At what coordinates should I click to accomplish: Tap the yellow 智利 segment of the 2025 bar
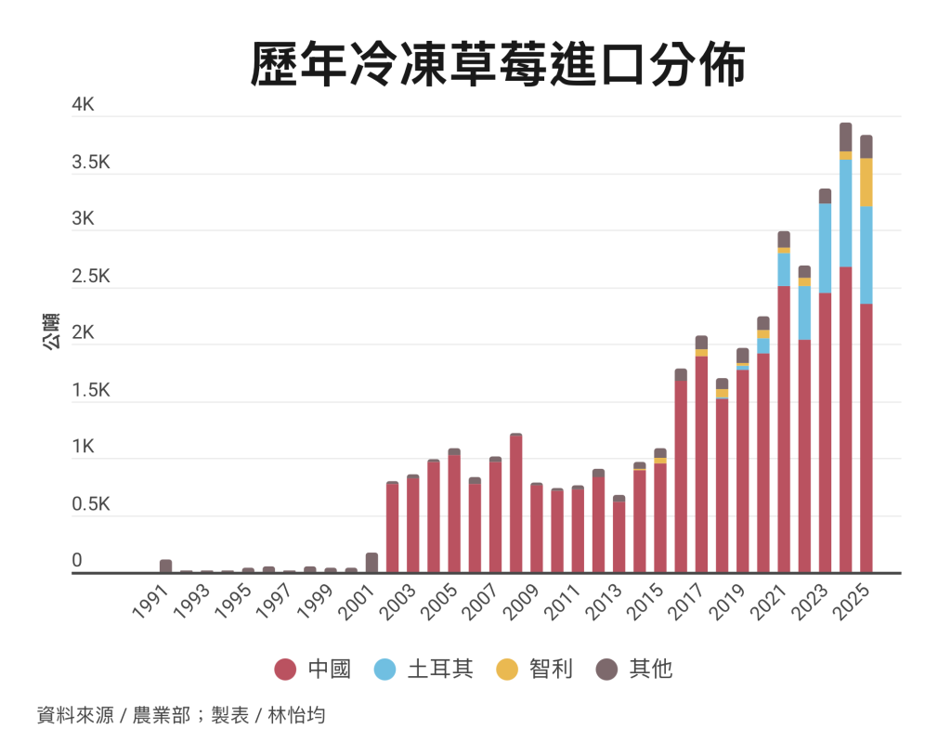(866, 182)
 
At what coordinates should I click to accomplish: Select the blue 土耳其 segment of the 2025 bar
(866, 254)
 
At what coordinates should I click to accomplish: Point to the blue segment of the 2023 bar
(825, 248)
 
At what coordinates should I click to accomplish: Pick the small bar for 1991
(165, 566)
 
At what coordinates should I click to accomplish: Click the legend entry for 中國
(314, 669)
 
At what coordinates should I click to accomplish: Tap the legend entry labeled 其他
(634, 669)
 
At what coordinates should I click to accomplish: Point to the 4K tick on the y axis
(84, 106)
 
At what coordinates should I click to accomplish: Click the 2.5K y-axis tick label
(91, 277)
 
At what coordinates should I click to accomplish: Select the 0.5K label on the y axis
(91, 505)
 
